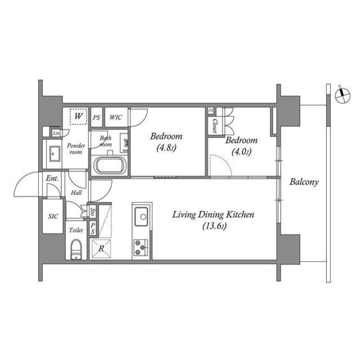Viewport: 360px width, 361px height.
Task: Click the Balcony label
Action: click(x=304, y=182)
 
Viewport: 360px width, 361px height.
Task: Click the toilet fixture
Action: click(x=77, y=249)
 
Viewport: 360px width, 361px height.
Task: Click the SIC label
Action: click(x=53, y=217)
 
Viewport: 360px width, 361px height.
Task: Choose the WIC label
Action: click(x=116, y=117)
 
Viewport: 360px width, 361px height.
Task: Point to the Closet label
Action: click(x=215, y=126)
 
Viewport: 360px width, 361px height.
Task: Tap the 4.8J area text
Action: click(x=166, y=150)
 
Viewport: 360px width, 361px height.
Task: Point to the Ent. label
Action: click(x=52, y=179)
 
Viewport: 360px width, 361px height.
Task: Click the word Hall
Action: click(x=75, y=192)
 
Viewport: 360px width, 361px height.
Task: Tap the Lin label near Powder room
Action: click(x=56, y=133)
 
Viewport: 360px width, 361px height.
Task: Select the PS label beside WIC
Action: click(x=96, y=117)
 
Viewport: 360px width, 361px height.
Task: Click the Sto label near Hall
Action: click(x=93, y=212)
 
